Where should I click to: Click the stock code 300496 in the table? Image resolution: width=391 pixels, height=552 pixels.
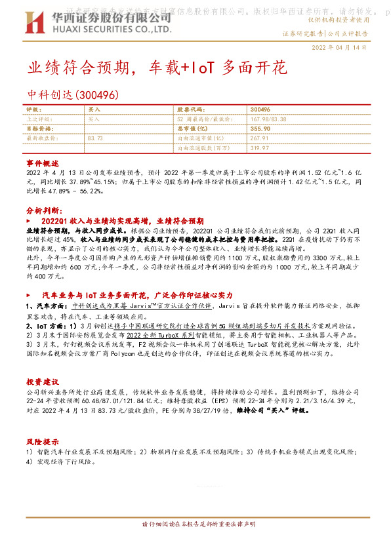pyautogui.click(x=260, y=109)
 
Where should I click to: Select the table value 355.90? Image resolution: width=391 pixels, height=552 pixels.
pyautogui.click(x=260, y=129)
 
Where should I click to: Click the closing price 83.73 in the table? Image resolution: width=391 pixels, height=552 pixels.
pyautogui.click(x=95, y=139)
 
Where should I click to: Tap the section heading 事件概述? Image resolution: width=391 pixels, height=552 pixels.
pyautogui.click(x=43, y=162)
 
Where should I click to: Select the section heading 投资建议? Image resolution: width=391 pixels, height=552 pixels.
pyautogui.click(x=43, y=381)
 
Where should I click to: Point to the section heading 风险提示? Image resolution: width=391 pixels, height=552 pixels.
pyautogui.click(x=43, y=441)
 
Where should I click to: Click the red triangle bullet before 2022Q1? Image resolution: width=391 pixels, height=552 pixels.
pyautogui.click(x=29, y=222)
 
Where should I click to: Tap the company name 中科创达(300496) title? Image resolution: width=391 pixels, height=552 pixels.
pyautogui.click(x=72, y=95)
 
